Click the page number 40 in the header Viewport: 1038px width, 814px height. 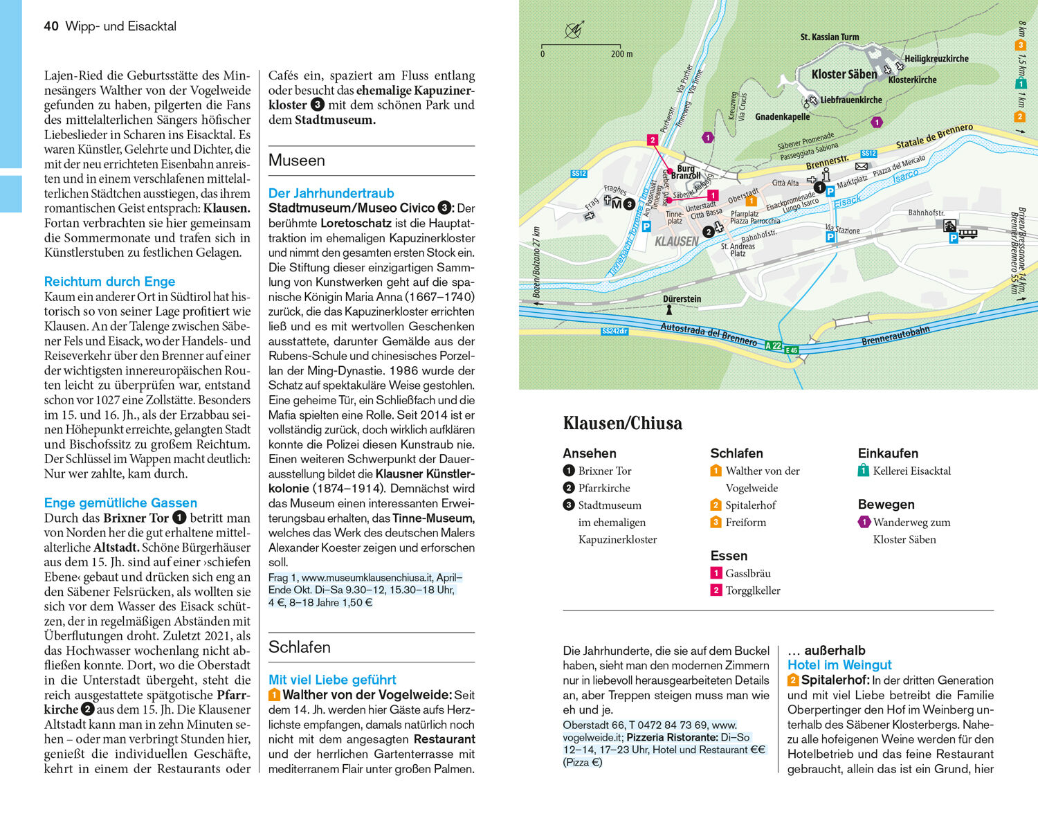[x=51, y=26]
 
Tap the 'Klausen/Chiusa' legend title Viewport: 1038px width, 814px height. [x=622, y=423]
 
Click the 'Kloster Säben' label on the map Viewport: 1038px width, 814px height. [x=844, y=74]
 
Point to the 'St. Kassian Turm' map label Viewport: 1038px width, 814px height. [x=829, y=37]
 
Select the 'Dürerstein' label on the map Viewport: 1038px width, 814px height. [x=682, y=299]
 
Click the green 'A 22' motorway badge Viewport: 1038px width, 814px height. [x=773, y=345]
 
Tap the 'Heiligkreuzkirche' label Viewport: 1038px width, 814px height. [x=936, y=59]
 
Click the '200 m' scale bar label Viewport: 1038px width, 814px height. [x=621, y=54]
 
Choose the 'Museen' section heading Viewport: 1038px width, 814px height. [x=296, y=161]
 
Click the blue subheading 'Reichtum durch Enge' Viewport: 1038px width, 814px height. [x=109, y=282]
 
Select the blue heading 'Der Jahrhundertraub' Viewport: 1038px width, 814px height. [x=331, y=193]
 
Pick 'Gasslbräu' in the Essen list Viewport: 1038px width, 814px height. [x=747, y=573]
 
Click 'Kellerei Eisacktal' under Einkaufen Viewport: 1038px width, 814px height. [x=911, y=471]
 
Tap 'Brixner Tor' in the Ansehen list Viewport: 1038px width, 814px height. [x=604, y=471]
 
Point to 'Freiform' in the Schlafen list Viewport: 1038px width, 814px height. [x=745, y=523]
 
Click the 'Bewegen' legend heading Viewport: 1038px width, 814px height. [x=886, y=505]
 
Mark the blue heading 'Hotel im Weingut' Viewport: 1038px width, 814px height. [x=839, y=665]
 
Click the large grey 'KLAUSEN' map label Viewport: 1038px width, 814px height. [x=676, y=242]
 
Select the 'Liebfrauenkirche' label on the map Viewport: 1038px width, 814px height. [x=850, y=100]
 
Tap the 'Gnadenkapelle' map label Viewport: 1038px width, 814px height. [x=782, y=117]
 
